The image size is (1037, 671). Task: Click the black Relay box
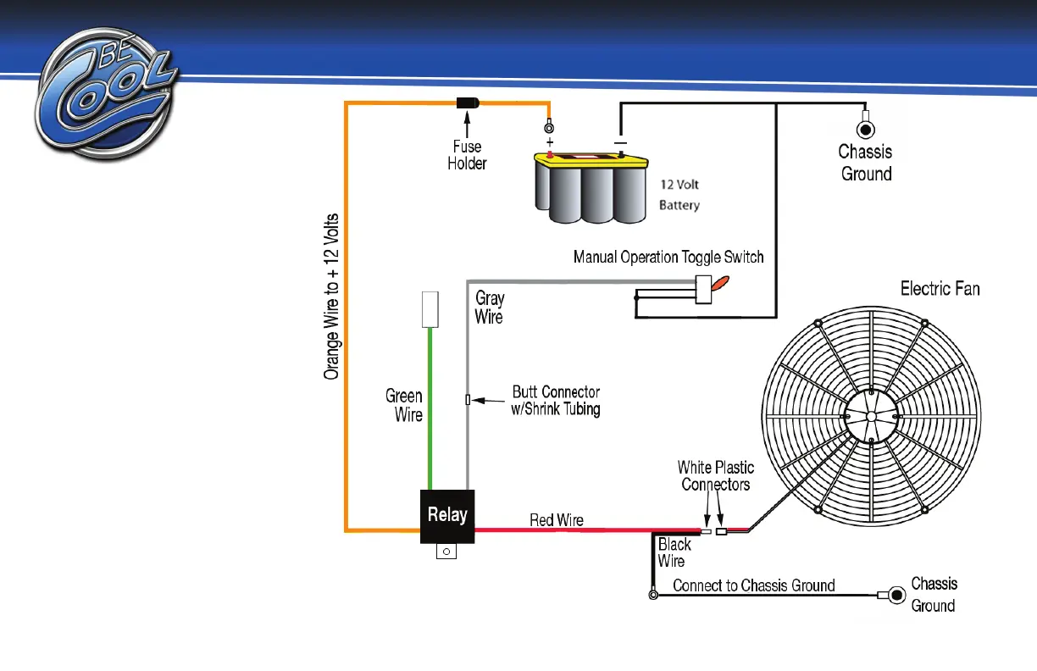(447, 515)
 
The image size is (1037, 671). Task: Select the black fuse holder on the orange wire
(468, 103)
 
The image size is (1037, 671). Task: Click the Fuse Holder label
(467, 155)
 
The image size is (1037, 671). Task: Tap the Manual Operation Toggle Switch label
(668, 257)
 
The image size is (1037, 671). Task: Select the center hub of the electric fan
(872, 415)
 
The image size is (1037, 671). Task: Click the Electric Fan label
(940, 289)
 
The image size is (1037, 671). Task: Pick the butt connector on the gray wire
(468, 399)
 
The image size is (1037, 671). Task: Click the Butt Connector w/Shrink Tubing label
(557, 401)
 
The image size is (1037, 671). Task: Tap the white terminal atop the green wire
(430, 309)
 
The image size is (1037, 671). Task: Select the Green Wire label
(405, 405)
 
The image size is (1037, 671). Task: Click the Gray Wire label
(490, 307)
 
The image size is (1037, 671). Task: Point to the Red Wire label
(557, 519)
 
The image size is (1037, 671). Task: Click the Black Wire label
(674, 552)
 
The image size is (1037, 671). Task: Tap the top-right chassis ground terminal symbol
(866, 129)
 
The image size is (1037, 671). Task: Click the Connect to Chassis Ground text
(753, 585)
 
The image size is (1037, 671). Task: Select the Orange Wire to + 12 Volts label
(333, 296)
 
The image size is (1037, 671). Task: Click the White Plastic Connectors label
(716, 475)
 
